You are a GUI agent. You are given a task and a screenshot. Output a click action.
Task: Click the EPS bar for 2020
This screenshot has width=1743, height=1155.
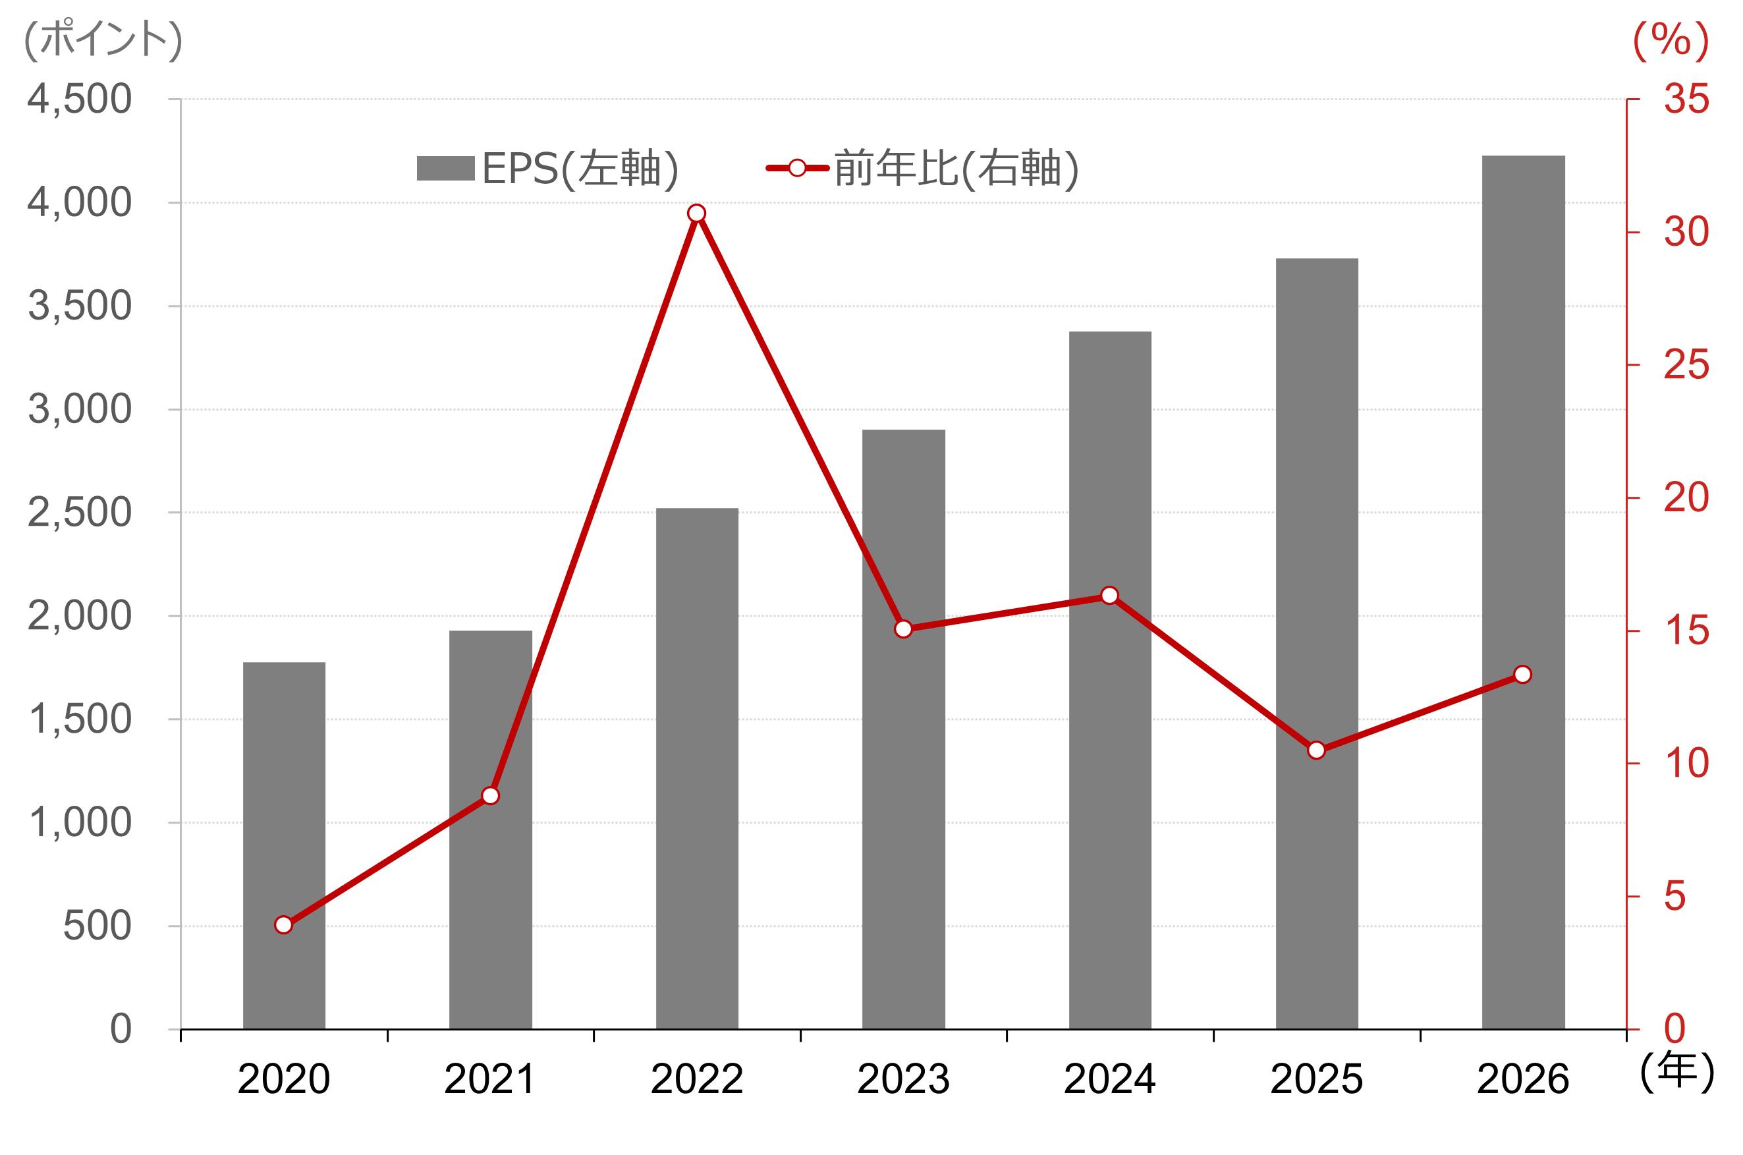[x=284, y=847]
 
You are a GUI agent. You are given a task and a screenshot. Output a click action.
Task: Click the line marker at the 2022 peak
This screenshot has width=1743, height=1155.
[x=697, y=213]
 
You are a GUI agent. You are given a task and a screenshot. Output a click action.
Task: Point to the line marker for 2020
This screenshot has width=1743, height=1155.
[x=283, y=925]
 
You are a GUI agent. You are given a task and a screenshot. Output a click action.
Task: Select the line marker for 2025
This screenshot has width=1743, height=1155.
[x=1317, y=750]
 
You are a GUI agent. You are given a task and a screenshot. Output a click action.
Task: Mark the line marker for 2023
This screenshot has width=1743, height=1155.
[x=904, y=629]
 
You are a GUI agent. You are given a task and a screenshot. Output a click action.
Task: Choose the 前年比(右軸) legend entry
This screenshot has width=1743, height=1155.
[x=923, y=169]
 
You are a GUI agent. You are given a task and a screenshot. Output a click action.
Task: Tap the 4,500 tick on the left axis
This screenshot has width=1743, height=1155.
[x=80, y=99]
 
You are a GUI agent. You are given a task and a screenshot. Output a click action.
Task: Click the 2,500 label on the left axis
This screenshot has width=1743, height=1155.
[x=80, y=513]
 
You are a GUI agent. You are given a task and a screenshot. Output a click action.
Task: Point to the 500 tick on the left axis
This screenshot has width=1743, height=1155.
[x=97, y=926]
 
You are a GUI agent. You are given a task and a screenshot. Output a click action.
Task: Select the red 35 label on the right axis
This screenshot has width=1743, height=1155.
[x=1686, y=99]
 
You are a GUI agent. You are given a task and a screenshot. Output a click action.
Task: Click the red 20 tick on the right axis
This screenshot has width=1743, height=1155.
[x=1686, y=498]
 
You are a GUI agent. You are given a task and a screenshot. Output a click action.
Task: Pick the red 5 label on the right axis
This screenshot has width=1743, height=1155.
[x=1674, y=897]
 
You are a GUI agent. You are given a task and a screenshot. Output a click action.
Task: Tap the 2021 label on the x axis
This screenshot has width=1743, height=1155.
[x=489, y=1080]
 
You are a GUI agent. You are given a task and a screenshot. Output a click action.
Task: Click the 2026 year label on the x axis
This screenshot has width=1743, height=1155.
[x=1523, y=1080]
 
